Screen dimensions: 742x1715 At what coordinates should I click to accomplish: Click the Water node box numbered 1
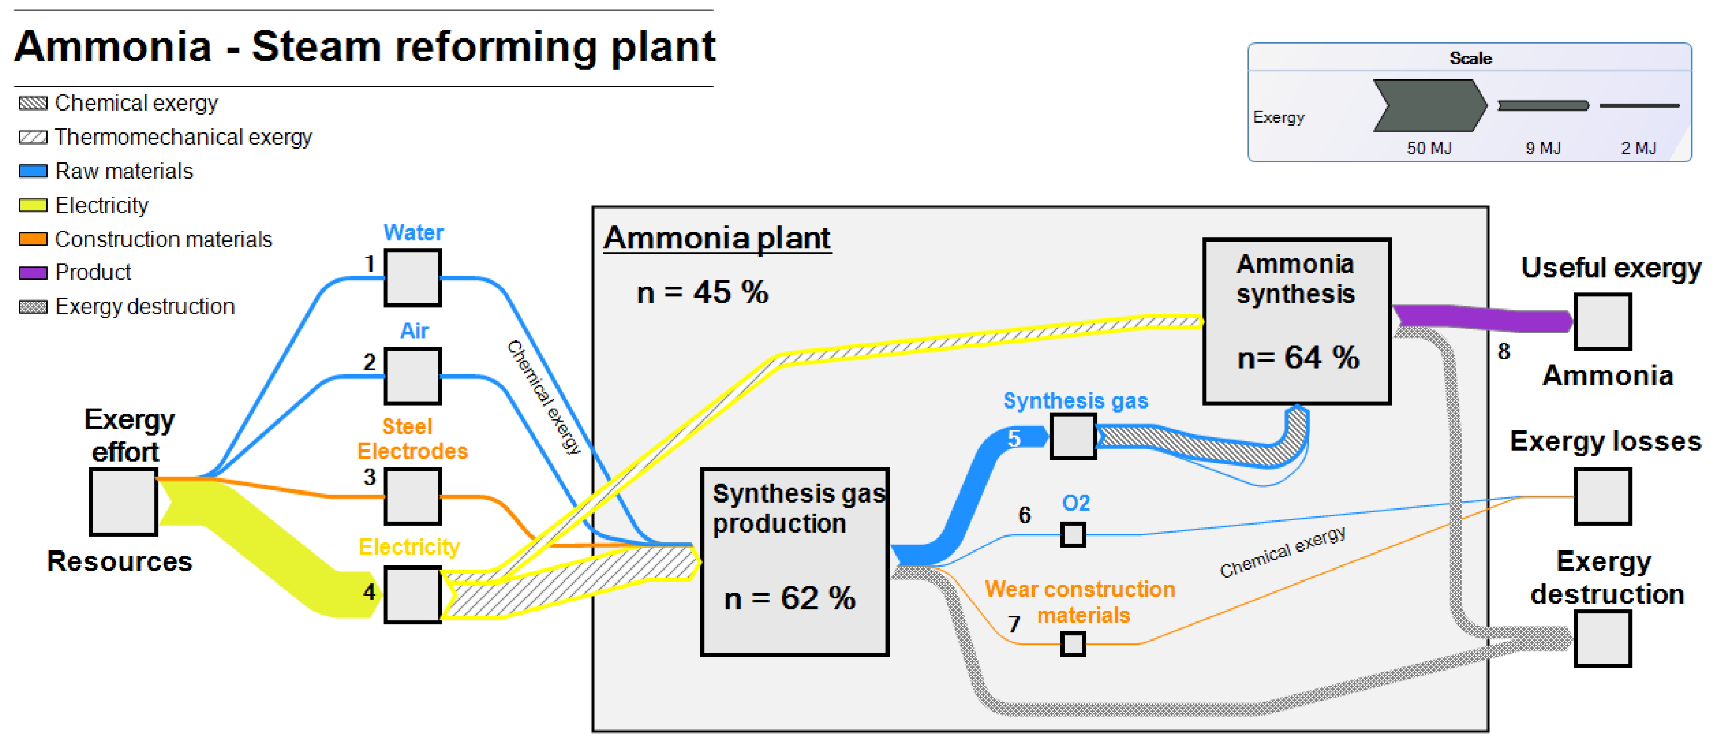412,278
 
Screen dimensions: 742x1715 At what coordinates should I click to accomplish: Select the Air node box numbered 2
412,376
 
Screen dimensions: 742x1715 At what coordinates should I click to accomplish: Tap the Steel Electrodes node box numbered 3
412,496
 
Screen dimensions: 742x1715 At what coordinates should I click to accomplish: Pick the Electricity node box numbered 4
412,594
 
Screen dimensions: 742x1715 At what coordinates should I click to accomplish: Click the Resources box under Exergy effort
123,501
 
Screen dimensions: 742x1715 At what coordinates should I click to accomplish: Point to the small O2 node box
1073,534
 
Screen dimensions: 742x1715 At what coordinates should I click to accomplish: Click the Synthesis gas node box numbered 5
1073,436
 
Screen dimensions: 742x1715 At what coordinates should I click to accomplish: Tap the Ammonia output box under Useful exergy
1602,321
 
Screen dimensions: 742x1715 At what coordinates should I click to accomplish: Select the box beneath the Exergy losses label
1602,496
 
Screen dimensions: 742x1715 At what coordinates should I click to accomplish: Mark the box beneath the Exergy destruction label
1602,638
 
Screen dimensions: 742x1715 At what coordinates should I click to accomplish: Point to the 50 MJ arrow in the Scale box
1429,105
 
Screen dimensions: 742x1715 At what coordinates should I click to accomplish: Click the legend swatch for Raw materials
33,171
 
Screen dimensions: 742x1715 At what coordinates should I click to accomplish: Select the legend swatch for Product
33,273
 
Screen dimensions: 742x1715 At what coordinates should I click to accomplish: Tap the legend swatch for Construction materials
33,239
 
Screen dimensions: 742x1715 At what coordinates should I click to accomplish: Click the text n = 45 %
702,293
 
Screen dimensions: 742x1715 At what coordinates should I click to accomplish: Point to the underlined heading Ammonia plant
716,238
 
